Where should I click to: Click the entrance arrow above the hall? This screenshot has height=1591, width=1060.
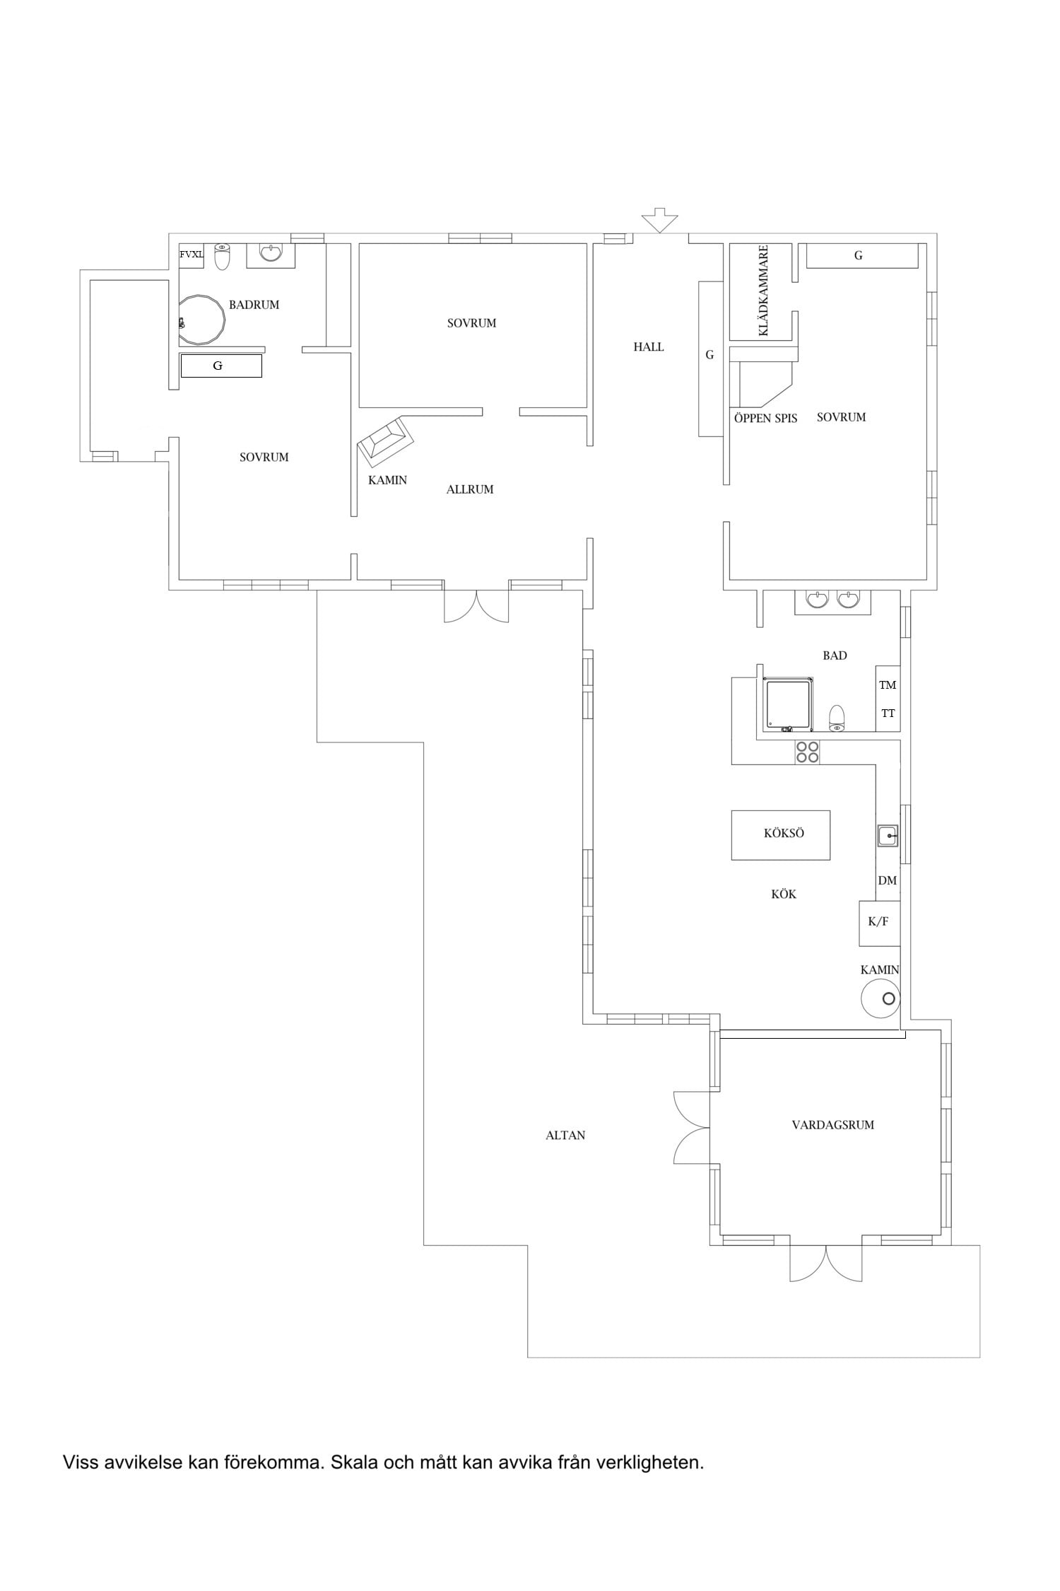(x=659, y=220)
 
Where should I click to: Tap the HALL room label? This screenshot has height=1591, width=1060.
(x=649, y=346)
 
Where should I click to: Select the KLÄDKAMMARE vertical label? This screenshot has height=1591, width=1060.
(x=762, y=291)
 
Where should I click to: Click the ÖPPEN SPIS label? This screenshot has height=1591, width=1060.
(x=765, y=418)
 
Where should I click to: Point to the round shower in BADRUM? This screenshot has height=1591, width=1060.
(x=201, y=320)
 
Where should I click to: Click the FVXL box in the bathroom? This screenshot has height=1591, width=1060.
(x=191, y=255)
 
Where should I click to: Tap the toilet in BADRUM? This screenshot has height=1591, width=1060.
(x=223, y=257)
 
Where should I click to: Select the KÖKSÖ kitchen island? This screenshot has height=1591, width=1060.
(x=780, y=835)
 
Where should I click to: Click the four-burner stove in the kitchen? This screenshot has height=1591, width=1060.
(x=807, y=752)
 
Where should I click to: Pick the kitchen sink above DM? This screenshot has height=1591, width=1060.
(x=888, y=836)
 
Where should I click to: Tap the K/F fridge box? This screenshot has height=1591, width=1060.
(x=879, y=923)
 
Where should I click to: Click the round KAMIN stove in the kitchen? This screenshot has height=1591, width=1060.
(x=880, y=998)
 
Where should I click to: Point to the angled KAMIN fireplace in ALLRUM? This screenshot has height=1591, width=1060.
(x=386, y=441)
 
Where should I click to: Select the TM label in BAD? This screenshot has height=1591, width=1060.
(x=888, y=684)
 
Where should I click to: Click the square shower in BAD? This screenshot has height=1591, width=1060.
(x=788, y=704)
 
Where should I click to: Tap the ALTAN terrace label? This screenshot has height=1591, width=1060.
(x=565, y=1135)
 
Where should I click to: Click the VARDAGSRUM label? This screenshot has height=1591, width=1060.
(x=832, y=1124)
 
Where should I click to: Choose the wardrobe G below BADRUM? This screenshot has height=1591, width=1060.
(x=221, y=366)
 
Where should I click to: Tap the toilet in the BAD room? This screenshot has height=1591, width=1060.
(x=837, y=717)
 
